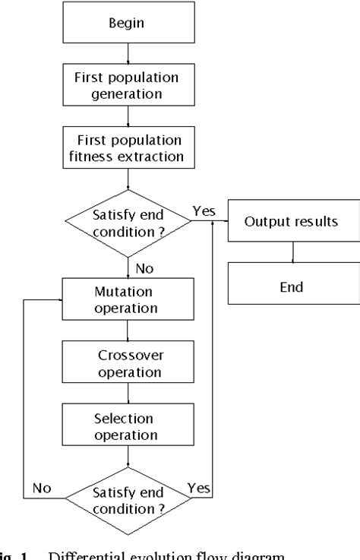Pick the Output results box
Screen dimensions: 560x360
[291, 221]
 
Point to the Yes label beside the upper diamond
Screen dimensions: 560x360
[204, 212]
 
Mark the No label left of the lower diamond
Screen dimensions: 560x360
[42, 489]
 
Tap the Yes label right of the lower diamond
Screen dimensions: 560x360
[199, 489]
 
